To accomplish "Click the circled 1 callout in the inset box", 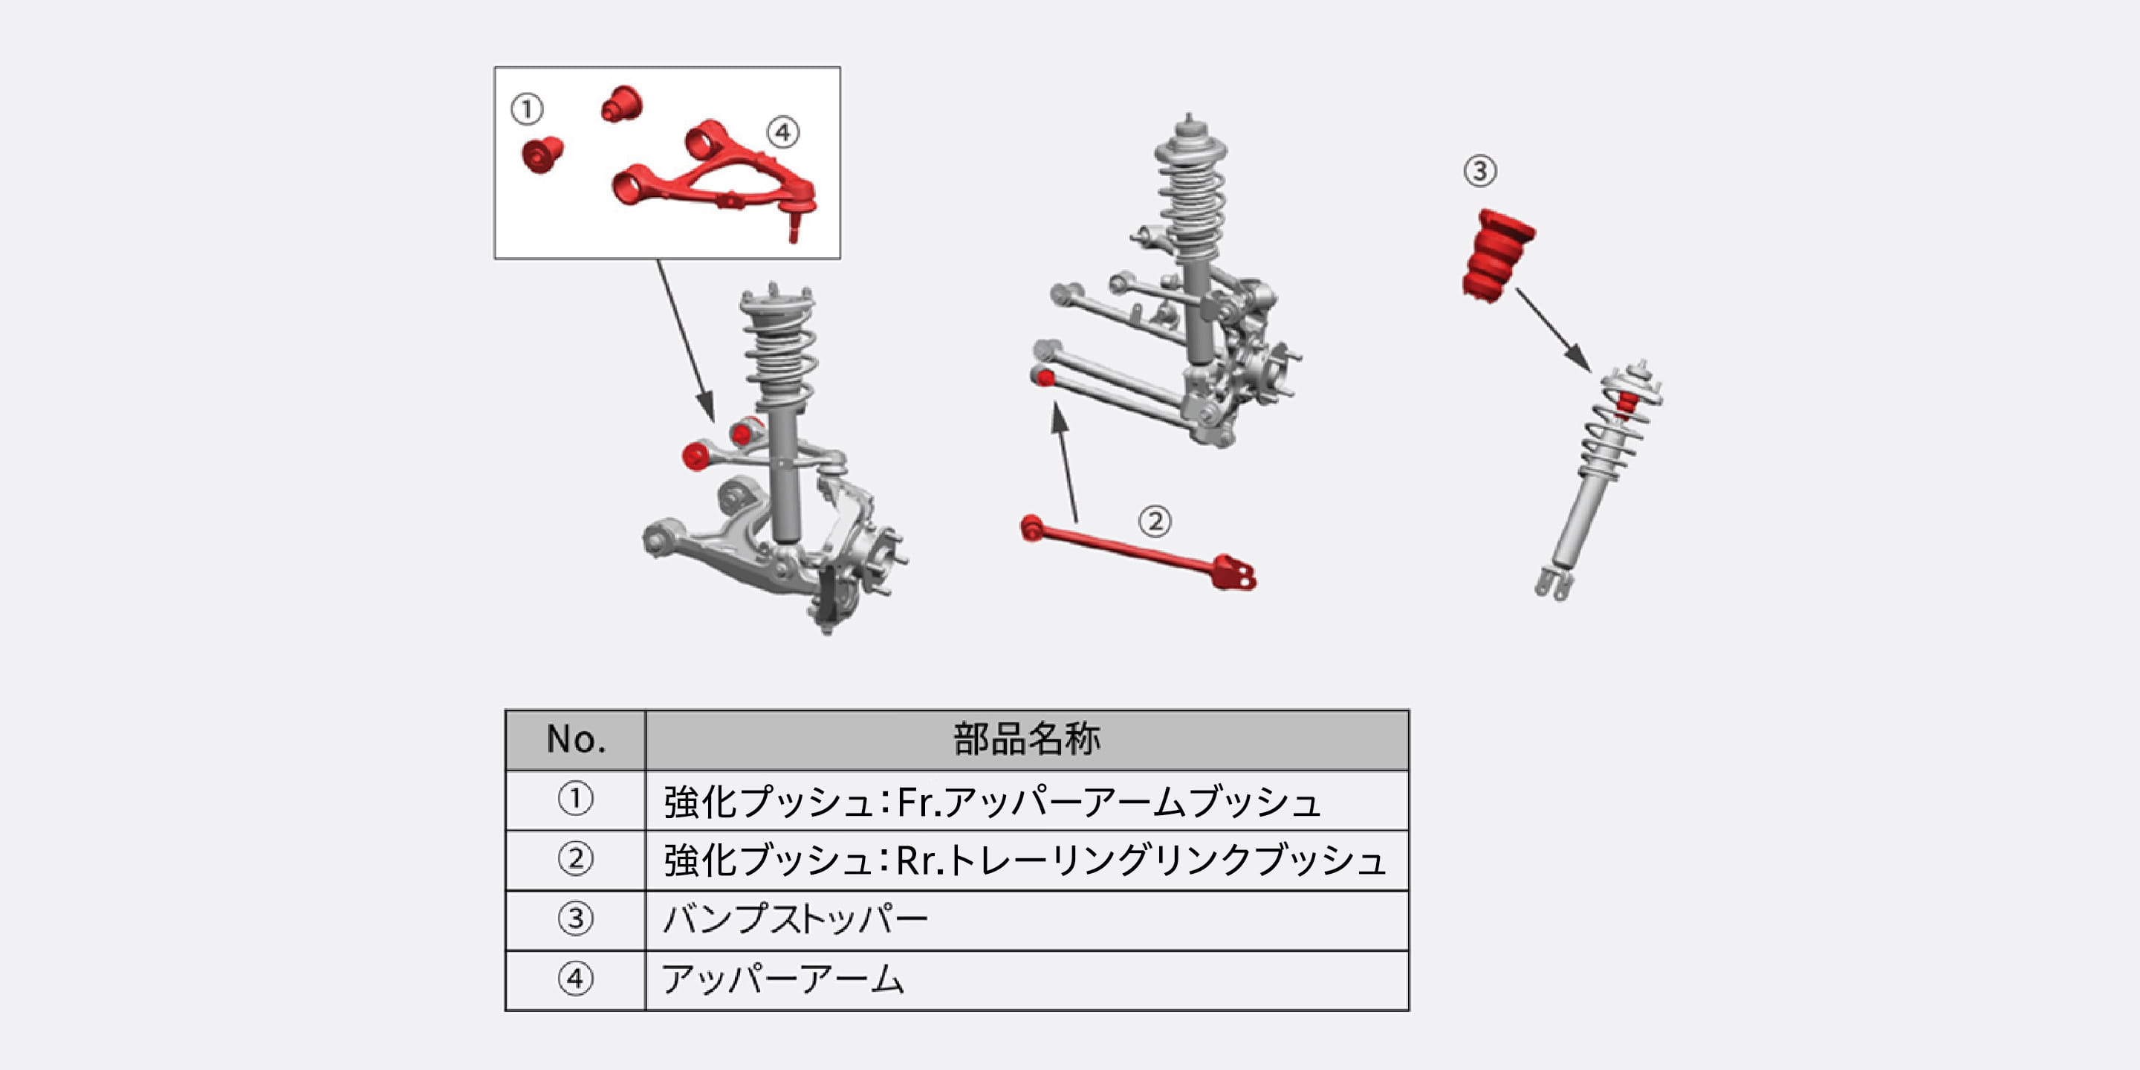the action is (527, 108).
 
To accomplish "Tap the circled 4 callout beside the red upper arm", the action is (782, 132).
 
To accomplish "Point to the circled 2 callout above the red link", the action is (1155, 522).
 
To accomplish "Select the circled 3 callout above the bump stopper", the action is (1479, 171).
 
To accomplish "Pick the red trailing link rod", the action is (1138, 552).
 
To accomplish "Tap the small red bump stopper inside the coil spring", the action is (1627, 403).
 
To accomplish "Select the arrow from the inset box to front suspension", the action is (685, 340).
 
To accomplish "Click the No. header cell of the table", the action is (576, 739).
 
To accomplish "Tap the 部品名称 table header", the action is (1027, 739).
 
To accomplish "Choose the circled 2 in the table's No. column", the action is (575, 859).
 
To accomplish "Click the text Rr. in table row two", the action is (920, 860).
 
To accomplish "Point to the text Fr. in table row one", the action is (918, 802).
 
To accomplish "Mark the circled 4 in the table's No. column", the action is (575, 979).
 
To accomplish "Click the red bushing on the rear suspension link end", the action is (1045, 379).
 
